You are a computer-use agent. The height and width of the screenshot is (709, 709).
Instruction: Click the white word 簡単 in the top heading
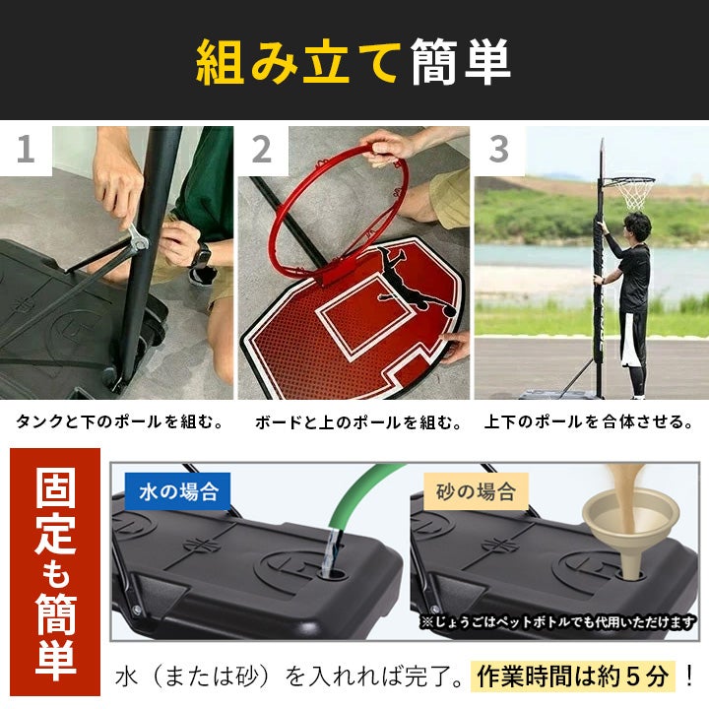461,61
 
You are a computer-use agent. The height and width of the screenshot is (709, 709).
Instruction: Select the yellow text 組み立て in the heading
299,61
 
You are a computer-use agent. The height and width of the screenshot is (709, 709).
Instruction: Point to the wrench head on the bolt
139,239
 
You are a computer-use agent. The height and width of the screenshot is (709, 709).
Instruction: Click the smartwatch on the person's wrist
201,256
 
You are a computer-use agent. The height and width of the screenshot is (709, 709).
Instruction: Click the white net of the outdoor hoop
634,194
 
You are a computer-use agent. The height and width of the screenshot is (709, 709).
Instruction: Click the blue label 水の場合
177,491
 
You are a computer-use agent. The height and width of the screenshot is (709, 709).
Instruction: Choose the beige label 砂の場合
476,491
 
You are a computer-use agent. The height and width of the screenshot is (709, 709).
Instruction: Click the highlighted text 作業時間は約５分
573,677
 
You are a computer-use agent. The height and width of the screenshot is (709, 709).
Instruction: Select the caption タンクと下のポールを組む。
120,421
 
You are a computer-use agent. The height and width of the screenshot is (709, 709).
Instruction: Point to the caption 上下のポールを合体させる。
589,421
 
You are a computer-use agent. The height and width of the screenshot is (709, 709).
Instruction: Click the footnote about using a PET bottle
558,622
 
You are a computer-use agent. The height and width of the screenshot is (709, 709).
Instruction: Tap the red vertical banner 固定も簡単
55,572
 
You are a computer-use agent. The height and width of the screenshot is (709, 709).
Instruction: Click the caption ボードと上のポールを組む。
358,421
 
